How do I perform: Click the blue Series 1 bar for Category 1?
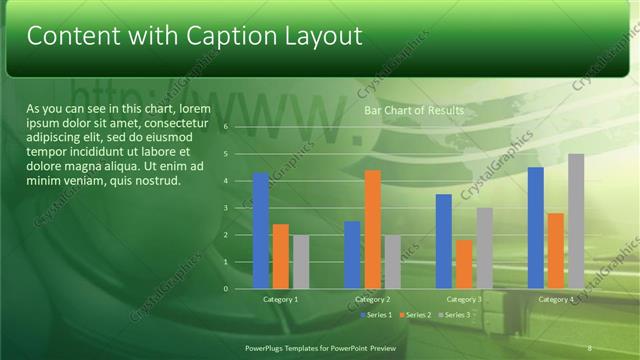[x=260, y=231]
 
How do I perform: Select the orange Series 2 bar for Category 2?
[x=372, y=230]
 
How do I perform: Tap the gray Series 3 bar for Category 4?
[x=576, y=221]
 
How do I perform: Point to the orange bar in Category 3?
[x=464, y=264]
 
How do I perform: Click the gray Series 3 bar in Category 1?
[x=301, y=262]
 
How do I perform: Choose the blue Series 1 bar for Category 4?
[x=536, y=228]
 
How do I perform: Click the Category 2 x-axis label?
[x=372, y=299]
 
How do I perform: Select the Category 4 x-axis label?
[x=556, y=299]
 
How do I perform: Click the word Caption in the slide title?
[x=232, y=36]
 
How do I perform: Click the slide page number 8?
[x=589, y=347]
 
